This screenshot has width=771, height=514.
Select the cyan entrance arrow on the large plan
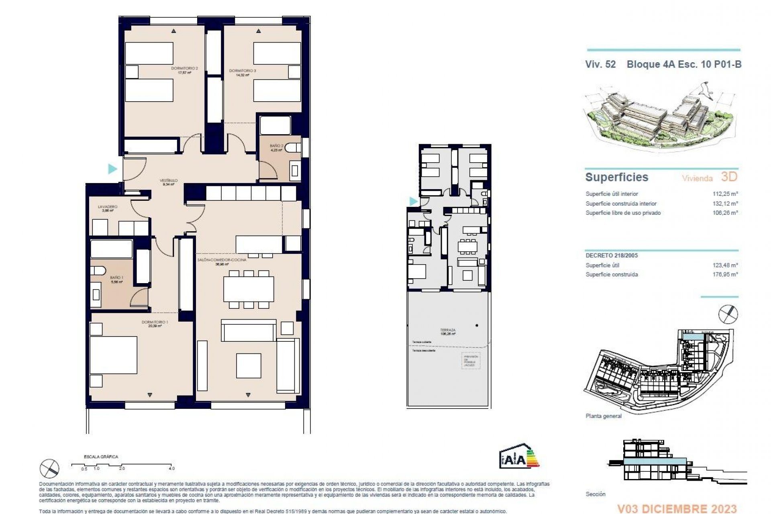pyautogui.click(x=112, y=169)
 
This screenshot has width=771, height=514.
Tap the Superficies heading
pyautogui.click(x=616, y=177)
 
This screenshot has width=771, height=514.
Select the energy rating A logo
pyautogui.click(x=519, y=457)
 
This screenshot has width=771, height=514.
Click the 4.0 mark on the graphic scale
pyautogui.click(x=172, y=468)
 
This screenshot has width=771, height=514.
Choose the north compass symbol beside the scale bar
pyautogui.click(x=49, y=469)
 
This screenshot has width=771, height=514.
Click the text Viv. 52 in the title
pyautogui.click(x=600, y=64)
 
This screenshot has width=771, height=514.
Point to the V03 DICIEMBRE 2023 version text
pyautogui.click(x=677, y=509)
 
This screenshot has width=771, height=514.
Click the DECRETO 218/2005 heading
pyautogui.click(x=611, y=255)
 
